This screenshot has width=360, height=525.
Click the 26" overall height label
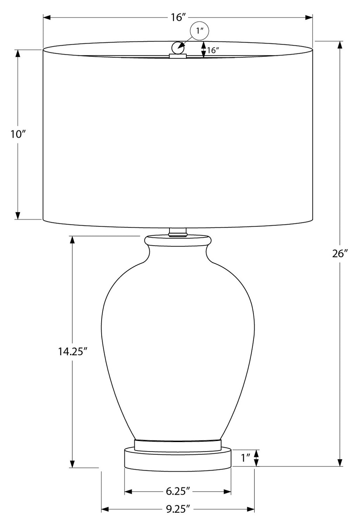coord(339,253)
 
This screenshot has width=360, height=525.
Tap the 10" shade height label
coord(18,135)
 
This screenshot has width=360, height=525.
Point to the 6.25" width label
coord(178,491)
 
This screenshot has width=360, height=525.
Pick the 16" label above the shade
coord(178,17)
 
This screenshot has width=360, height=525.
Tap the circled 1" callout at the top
coord(199,31)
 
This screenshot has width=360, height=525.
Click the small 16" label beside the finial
coord(213,50)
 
